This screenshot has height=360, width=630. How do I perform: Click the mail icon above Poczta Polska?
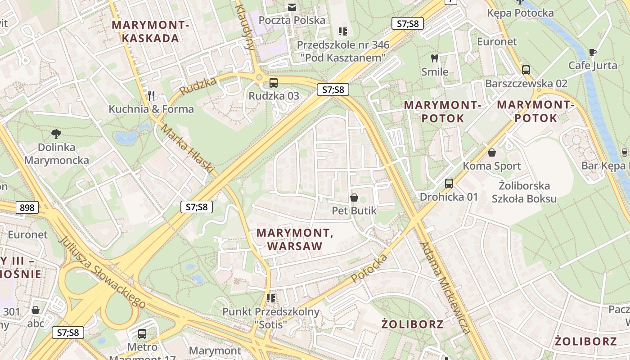(292, 7)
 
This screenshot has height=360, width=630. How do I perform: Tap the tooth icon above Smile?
(435, 58)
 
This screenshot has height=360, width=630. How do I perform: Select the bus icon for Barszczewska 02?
(526, 70)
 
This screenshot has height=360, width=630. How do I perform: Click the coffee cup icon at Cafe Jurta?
(593, 52)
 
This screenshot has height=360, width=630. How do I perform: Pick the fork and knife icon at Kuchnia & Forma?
(151, 95)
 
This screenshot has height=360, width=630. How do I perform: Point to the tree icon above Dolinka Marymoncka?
(56, 134)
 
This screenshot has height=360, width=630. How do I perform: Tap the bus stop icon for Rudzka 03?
(274, 83)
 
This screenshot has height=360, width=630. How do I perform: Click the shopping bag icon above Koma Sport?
(492, 153)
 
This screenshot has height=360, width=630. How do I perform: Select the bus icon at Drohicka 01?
(449, 184)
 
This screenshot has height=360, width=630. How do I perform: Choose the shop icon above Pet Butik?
(354, 198)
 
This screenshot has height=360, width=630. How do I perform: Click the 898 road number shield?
(27, 207)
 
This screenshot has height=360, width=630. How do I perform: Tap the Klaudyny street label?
(245, 27)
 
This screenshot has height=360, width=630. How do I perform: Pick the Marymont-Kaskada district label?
(150, 31)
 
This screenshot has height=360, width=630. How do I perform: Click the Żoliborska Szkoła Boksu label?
(524, 192)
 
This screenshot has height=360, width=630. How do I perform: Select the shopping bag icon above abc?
(36, 310)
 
